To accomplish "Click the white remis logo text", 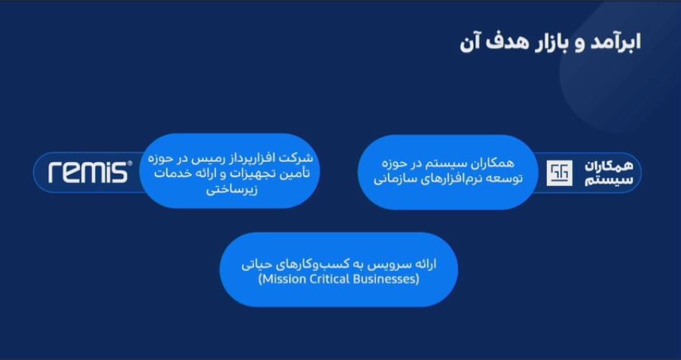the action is point(88,172).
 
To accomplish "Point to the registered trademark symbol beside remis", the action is point(130,163).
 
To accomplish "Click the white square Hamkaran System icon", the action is point(559,172).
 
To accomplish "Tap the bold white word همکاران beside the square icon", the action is point(608,166).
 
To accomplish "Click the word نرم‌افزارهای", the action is point(455,179).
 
